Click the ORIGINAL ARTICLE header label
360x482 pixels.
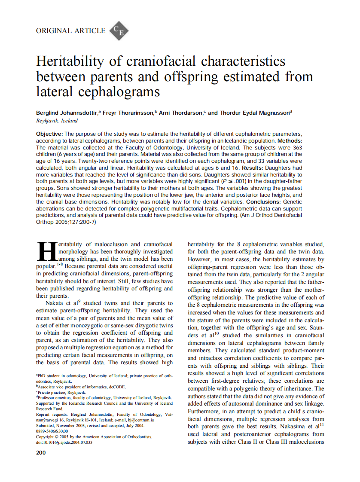coord(71,31)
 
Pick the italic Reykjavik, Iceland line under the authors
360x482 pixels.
coord(57,121)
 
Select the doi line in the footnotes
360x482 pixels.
coord(64,442)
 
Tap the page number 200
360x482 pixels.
coord(41,452)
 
